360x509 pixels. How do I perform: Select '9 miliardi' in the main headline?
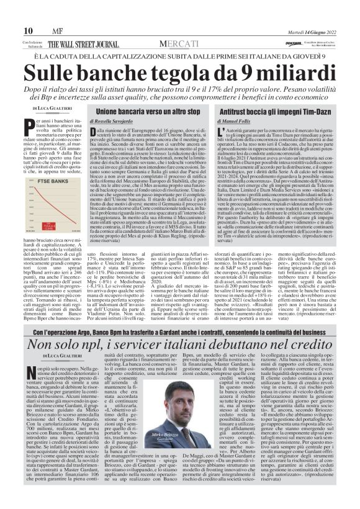coord(286,73)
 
